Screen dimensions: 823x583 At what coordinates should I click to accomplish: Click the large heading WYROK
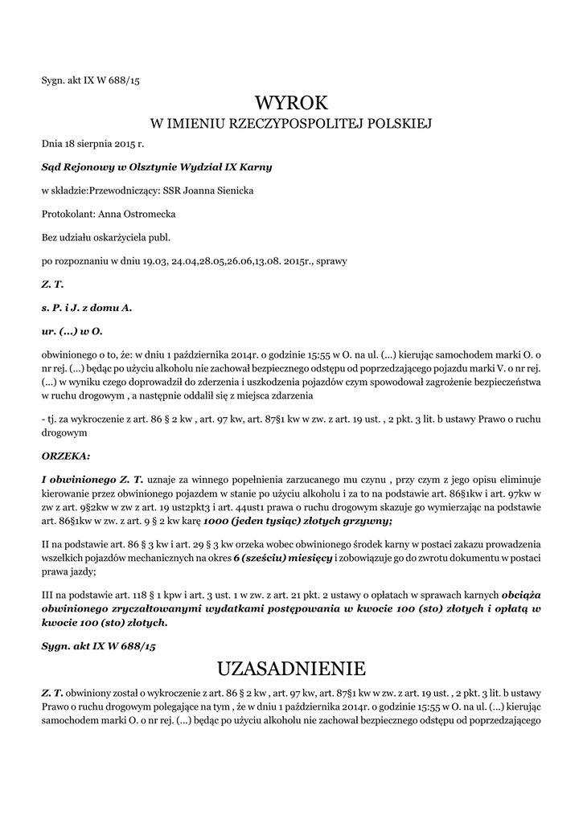point(292,103)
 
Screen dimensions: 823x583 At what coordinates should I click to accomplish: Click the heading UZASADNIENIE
point(292,668)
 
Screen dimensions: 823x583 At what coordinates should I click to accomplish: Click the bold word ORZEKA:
point(66,455)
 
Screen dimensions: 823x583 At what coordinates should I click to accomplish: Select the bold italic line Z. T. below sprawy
point(52,285)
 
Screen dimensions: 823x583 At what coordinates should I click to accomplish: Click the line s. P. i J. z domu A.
point(87,308)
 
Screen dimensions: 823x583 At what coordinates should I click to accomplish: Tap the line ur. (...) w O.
point(72,331)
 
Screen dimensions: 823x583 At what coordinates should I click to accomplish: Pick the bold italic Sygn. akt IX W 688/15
point(98,645)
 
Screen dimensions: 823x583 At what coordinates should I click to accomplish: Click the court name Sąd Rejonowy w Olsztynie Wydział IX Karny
point(157,167)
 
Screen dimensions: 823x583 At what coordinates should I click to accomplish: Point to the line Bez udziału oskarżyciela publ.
point(106,238)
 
